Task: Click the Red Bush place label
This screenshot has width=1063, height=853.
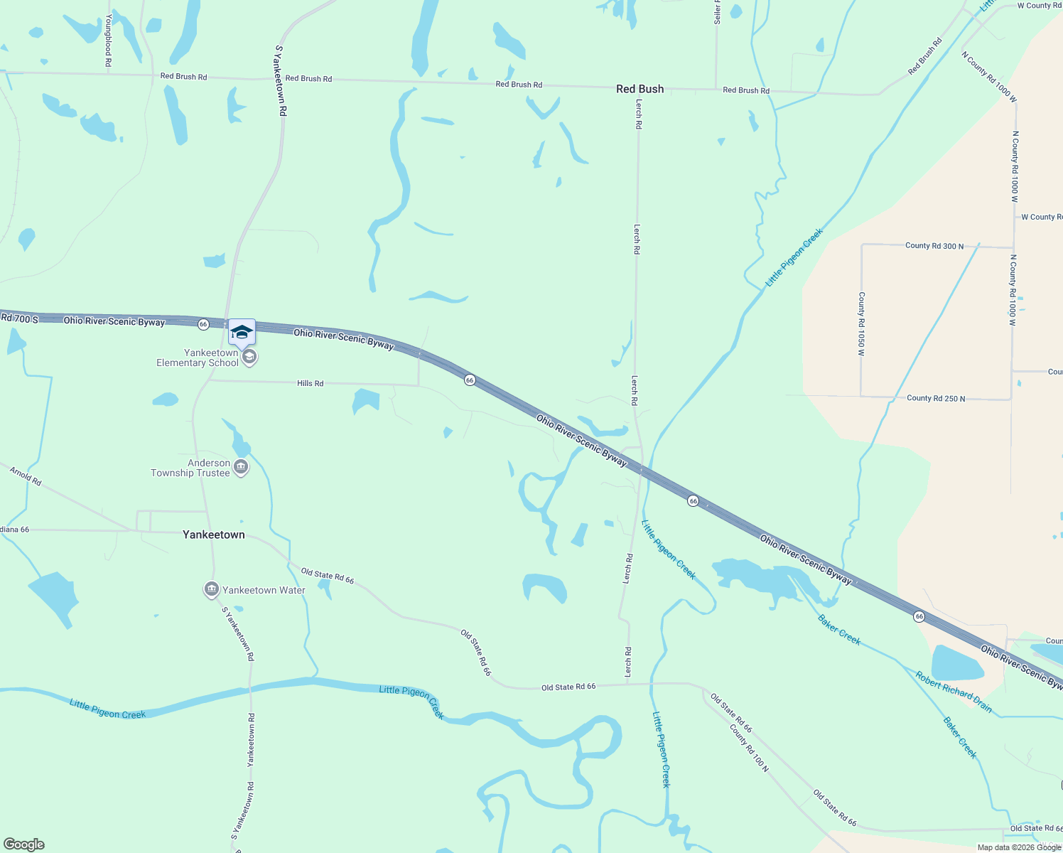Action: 640,89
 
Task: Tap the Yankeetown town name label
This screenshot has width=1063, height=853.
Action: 213,535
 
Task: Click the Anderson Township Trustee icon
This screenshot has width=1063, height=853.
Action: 241,468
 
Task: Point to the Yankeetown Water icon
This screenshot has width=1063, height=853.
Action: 211,589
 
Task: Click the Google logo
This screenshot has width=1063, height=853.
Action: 24,844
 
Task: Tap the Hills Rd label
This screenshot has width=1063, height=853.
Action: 310,383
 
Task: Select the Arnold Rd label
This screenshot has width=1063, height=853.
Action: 26,476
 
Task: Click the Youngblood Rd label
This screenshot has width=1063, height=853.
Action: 108,40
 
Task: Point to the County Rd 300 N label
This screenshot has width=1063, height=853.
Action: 934,246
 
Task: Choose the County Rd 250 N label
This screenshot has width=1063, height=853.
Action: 936,399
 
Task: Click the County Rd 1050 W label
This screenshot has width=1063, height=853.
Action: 861,323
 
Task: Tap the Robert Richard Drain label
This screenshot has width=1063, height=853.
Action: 953,692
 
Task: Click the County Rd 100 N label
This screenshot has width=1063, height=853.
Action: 749,747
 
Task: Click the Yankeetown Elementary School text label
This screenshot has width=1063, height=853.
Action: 198,358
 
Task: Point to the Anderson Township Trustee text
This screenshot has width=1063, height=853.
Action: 190,468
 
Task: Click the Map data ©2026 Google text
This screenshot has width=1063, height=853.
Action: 1019,847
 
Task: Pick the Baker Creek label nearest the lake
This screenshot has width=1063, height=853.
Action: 839,630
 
